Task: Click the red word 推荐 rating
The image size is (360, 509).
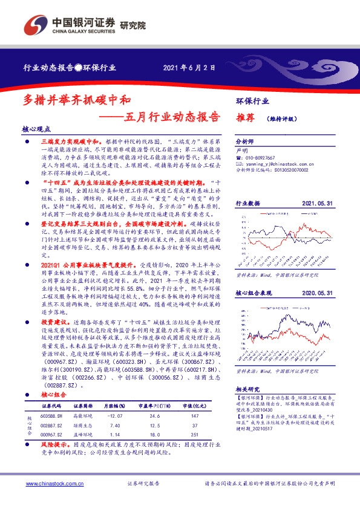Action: [x=245, y=118]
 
